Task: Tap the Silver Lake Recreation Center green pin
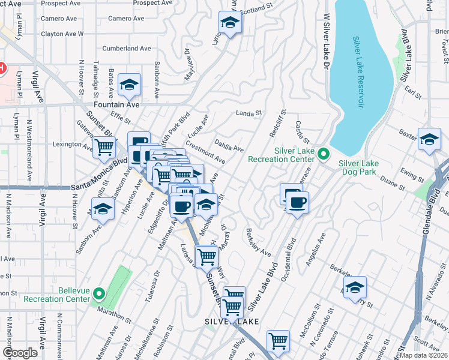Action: pyautogui.click(x=324, y=155)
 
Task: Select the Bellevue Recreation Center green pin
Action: pyautogui.click(x=100, y=294)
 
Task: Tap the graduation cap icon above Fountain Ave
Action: pyautogui.click(x=129, y=86)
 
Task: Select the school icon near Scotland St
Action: pyautogui.click(x=229, y=23)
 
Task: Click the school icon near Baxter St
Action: pyautogui.click(x=429, y=140)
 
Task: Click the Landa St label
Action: pyautogui.click(x=249, y=112)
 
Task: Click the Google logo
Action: pyautogui.click(x=20, y=353)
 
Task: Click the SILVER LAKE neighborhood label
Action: pyautogui.click(x=231, y=322)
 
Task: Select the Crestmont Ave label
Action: pyautogui.click(x=205, y=152)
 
